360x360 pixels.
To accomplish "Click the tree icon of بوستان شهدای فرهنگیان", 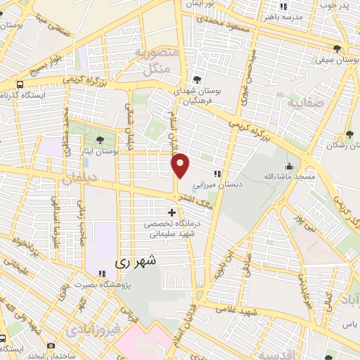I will coord(195,80).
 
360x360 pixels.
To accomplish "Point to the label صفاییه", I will coord(307,103).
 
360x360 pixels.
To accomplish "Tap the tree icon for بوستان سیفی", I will coord(338,49).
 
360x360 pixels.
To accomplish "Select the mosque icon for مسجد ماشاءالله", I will coord(289,167).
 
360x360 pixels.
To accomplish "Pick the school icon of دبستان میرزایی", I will coord(219,173).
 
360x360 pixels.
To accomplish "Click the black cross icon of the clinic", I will coord(172,212).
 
